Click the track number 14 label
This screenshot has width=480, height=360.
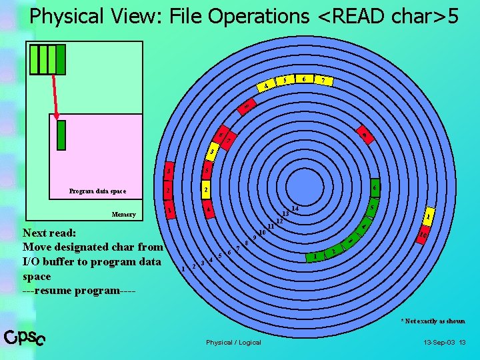pyautogui.click(x=294, y=209)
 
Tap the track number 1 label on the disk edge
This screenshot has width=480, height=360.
pyautogui.click(x=183, y=269)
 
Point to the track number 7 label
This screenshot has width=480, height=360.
pyautogui.click(x=238, y=248)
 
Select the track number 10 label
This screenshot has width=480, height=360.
pyautogui.click(x=263, y=231)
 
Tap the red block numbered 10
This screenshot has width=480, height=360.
pyautogui.click(x=423, y=234)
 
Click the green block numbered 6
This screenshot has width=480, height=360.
pyautogui.click(x=375, y=188)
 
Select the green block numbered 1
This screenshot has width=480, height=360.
pyautogui.click(x=315, y=255)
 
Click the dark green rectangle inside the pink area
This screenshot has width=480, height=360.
pyautogui.click(x=61, y=134)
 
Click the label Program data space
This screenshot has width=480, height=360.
pyautogui.click(x=97, y=191)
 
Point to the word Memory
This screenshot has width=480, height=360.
pyautogui.click(x=124, y=215)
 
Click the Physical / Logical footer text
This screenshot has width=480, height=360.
pyautogui.click(x=233, y=342)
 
